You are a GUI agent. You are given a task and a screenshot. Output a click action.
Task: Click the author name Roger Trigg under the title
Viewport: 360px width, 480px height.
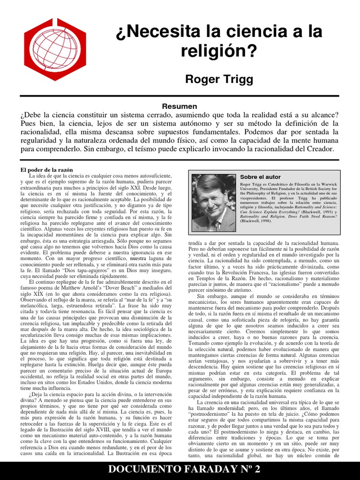(x=219, y=79)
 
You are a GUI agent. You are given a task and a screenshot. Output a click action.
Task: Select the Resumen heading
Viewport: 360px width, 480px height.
(x=180, y=107)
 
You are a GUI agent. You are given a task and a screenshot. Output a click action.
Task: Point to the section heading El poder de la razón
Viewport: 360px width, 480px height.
(x=46, y=169)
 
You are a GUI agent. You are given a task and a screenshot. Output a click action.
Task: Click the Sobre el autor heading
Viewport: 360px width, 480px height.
(x=260, y=177)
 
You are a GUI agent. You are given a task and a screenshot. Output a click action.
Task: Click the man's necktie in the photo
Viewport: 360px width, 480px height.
(x=215, y=225)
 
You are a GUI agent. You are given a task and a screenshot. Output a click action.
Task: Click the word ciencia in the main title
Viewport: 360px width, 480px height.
(x=249, y=32)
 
